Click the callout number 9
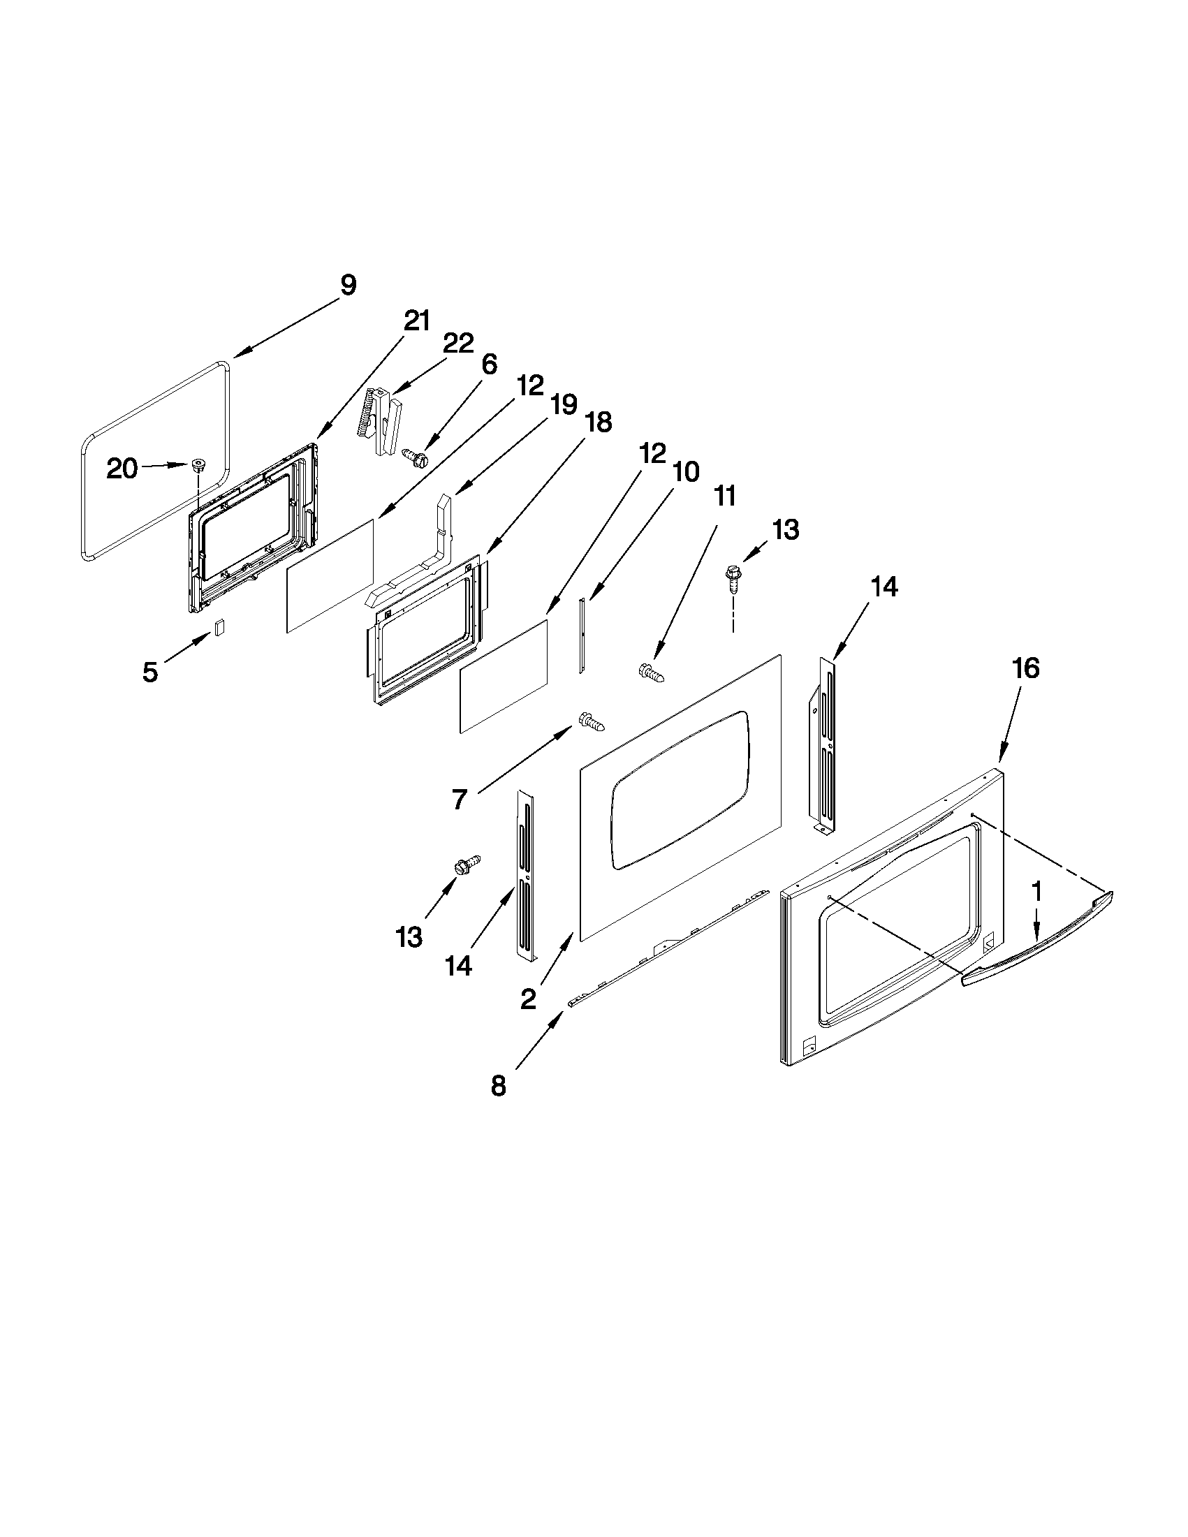[348, 285]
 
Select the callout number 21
[417, 321]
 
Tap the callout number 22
[458, 343]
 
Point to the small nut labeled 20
[198, 464]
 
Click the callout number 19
[564, 404]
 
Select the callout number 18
[598, 422]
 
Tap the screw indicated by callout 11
[652, 672]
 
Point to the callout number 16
[1026, 668]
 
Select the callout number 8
[498, 1086]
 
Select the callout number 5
[150, 672]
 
